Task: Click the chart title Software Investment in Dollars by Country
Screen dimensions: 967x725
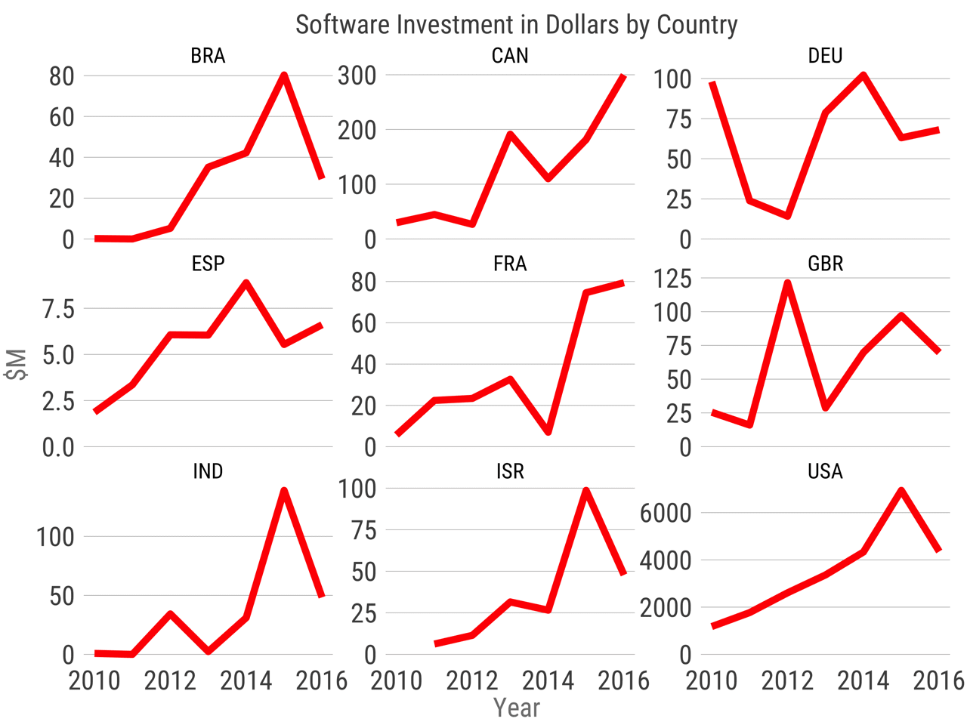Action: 516,25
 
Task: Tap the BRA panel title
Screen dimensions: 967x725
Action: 208,56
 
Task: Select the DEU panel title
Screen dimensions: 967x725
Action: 825,56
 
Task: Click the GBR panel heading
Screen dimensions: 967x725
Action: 825,264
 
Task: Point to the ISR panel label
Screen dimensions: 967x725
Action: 510,471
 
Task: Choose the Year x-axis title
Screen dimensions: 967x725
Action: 516,708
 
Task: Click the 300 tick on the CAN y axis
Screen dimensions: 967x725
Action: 357,76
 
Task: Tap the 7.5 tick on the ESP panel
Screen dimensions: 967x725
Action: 59,309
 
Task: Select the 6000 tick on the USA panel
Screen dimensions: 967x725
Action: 666,514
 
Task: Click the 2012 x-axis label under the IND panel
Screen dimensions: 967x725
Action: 170,680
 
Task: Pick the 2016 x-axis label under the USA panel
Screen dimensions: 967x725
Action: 939,680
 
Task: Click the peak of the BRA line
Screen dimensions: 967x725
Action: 284,76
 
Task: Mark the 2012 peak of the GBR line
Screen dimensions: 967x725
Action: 788,283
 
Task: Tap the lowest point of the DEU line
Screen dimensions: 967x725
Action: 788,216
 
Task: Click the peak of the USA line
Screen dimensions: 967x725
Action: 901,490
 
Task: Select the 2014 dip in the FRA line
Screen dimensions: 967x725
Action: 548,432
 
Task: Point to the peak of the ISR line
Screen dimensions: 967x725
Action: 586,490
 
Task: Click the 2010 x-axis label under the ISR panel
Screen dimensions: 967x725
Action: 397,680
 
